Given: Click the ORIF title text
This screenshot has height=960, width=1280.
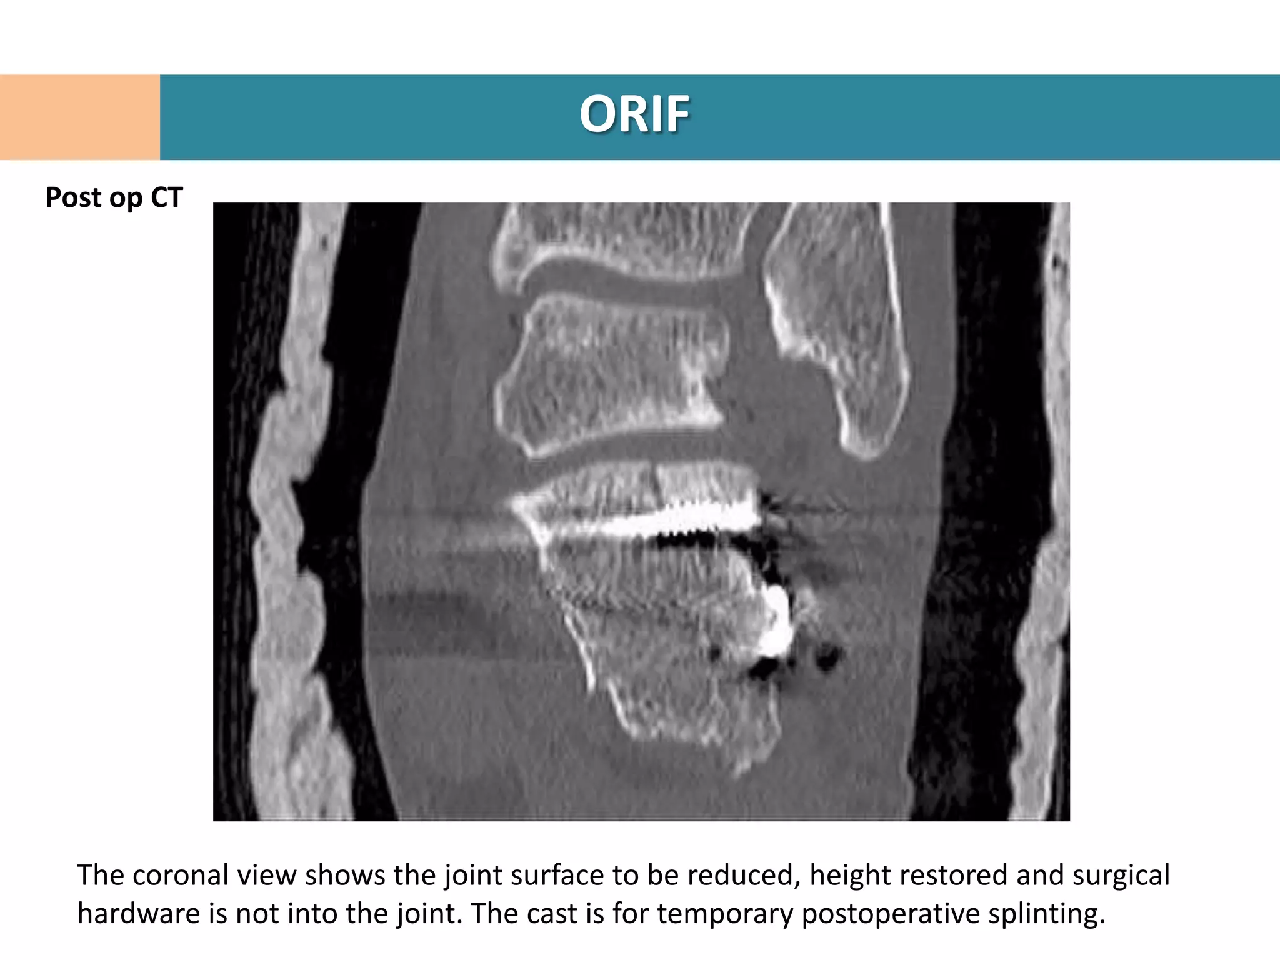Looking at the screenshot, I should (634, 114).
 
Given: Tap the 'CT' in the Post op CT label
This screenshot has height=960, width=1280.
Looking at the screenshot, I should (166, 197).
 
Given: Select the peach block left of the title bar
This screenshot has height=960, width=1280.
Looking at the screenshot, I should (79, 117).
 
